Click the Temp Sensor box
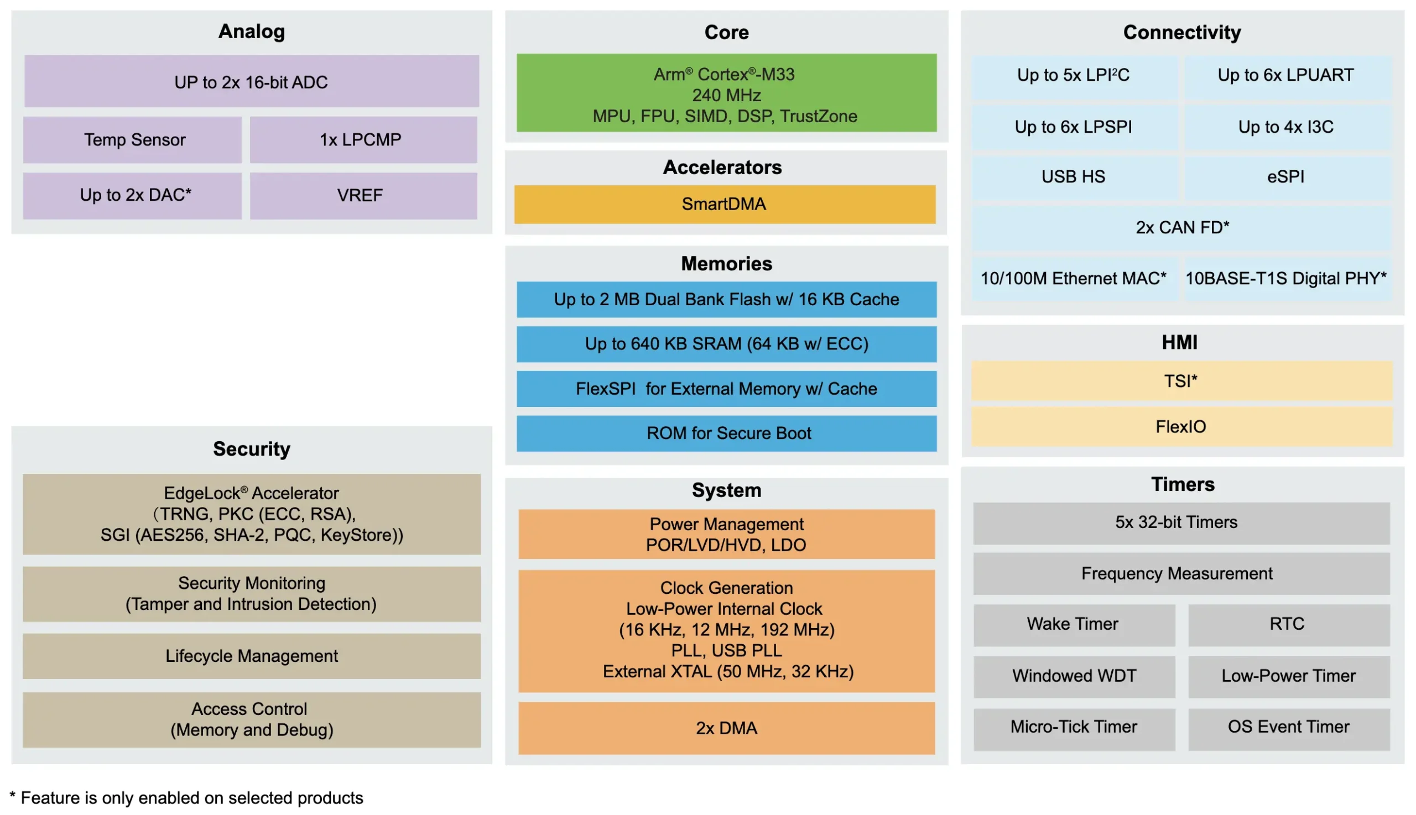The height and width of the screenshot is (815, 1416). click(x=132, y=139)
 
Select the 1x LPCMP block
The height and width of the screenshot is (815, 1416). click(x=363, y=139)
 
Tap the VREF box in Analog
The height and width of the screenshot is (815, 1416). click(x=363, y=195)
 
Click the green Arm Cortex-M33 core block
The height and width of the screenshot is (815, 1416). click(x=726, y=93)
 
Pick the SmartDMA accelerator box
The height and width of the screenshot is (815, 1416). click(x=725, y=205)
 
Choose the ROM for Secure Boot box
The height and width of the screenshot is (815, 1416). click(x=726, y=433)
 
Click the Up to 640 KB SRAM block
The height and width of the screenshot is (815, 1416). click(x=726, y=344)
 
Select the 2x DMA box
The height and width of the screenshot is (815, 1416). click(x=726, y=728)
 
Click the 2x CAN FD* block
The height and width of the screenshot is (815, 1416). click(x=1182, y=228)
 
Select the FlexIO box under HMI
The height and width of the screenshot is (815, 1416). click(x=1181, y=426)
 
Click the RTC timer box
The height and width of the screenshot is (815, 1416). click(x=1288, y=624)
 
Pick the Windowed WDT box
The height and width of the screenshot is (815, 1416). click(x=1074, y=676)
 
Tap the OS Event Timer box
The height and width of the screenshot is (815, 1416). click(x=1288, y=728)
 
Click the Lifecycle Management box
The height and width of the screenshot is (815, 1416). click(x=252, y=656)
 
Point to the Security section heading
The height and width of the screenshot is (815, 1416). click(x=252, y=449)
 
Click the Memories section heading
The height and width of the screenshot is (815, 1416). click(x=726, y=264)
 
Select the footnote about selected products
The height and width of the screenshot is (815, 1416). click(x=186, y=798)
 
